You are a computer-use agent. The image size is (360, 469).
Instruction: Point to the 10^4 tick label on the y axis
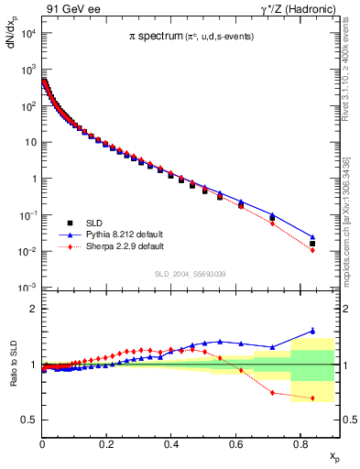(x=27, y=34)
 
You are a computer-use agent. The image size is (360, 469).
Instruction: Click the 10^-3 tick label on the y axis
(x=27, y=288)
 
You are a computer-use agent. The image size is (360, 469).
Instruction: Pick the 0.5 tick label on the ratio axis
(x=28, y=420)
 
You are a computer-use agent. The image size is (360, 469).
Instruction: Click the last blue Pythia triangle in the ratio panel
(x=312, y=331)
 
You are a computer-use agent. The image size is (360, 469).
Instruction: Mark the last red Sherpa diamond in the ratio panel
(x=312, y=398)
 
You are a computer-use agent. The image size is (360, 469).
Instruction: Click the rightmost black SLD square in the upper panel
(x=312, y=244)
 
